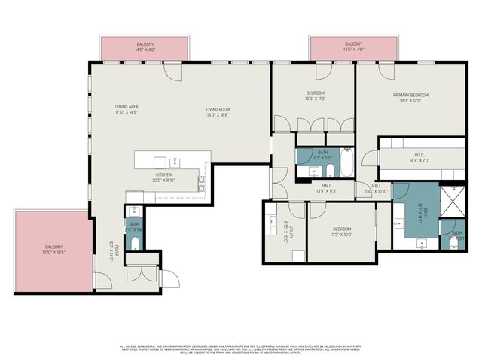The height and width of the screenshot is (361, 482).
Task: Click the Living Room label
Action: pyautogui.click(x=218, y=112)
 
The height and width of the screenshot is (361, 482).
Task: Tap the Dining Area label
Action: pyautogui.click(x=126, y=109)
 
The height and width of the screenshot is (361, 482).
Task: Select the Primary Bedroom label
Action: pyautogui.click(x=410, y=97)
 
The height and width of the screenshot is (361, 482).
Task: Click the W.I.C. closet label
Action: pyautogui.click(x=419, y=157)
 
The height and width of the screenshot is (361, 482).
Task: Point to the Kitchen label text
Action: pyautogui.click(x=163, y=176)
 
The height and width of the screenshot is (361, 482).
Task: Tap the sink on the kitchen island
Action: pyautogui.click(x=174, y=161)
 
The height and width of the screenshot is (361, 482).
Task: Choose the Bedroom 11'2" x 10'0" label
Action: pyautogui.click(x=341, y=231)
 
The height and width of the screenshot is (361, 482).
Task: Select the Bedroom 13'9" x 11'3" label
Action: pyautogui.click(x=315, y=96)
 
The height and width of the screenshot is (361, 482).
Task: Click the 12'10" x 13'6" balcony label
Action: pyautogui.click(x=53, y=250)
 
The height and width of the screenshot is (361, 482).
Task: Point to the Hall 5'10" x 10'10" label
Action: pyautogui.click(x=377, y=188)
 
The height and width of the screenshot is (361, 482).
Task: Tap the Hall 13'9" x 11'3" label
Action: pyautogui.click(x=326, y=187)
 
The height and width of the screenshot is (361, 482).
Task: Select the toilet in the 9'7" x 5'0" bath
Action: pyautogui.click(x=310, y=171)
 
